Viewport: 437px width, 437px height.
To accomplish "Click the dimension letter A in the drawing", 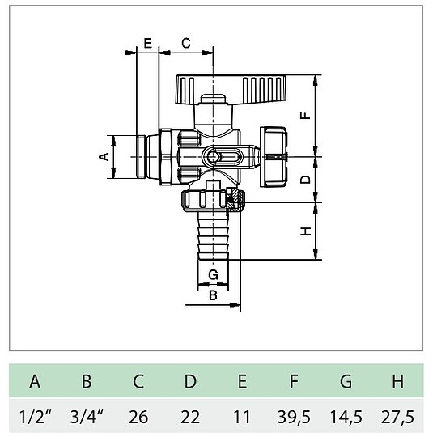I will click(x=104, y=155).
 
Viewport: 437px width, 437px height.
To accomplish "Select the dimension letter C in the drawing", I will click(x=185, y=43).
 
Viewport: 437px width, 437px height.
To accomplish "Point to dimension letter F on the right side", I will click(x=305, y=115).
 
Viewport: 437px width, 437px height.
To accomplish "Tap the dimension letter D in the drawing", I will click(x=305, y=179).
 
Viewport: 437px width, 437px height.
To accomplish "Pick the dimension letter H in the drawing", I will click(x=305, y=231).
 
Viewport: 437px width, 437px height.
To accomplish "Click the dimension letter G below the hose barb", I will click(x=213, y=275).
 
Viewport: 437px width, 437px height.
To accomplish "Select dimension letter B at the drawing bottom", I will click(x=213, y=295).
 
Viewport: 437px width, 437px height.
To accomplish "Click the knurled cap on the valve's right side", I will click(x=274, y=155).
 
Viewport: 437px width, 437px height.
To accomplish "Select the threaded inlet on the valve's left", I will click(x=149, y=155).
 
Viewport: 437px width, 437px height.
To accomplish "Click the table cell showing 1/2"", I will click(x=35, y=417).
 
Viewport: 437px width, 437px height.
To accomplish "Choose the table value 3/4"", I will click(x=87, y=417).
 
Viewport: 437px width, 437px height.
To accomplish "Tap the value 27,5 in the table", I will click(x=397, y=417).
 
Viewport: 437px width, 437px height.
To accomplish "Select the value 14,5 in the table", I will click(x=346, y=417).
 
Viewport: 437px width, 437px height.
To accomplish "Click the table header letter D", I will click(x=190, y=381).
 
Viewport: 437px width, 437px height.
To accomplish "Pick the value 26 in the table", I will click(x=138, y=417).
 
